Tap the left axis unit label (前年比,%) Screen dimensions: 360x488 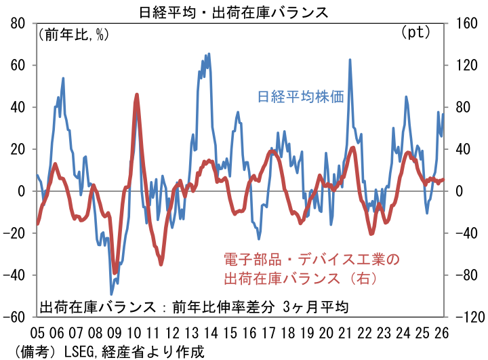[73, 34]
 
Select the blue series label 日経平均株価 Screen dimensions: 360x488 [300, 96]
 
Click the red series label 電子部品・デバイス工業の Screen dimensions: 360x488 [312, 259]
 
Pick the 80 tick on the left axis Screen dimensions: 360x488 [18, 24]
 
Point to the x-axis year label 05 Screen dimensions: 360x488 [37, 333]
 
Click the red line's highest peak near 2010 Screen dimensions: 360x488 [137, 96]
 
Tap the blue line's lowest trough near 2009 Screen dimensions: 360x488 [112, 294]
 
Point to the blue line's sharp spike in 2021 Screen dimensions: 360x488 [350, 60]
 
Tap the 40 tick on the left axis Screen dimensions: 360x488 [18, 107]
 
